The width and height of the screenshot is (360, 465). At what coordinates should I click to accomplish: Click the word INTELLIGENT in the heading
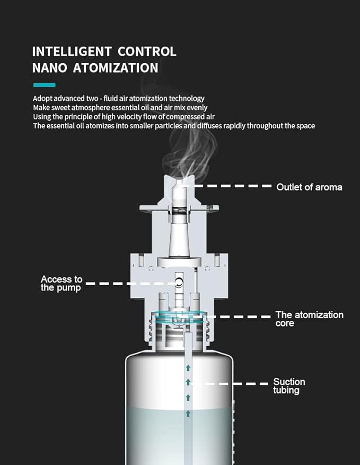pos(72,51)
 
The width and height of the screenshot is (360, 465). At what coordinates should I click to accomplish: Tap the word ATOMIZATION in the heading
pos(116,68)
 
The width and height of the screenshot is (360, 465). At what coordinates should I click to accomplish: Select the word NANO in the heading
pos(49,68)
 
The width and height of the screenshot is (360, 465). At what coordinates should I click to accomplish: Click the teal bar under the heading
pos(44,85)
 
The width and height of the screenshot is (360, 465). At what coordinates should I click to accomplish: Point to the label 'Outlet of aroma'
pos(309,187)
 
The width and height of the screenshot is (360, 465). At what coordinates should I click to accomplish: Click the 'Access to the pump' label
pos(62,283)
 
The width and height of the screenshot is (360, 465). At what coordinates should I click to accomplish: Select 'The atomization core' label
pos(309,319)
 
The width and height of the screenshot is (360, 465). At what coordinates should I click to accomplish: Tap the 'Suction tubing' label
pos(289,385)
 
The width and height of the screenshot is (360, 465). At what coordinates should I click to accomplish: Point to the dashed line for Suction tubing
pos(230,384)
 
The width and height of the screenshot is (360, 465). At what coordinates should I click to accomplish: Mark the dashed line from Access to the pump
pos(132,284)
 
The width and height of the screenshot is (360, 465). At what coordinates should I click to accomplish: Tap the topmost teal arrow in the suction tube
pos(188,368)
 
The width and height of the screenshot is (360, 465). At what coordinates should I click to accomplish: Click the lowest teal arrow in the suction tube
pos(188,414)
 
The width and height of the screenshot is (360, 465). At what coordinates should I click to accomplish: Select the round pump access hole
pos(179,282)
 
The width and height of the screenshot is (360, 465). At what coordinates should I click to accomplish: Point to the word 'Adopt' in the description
pos(42,99)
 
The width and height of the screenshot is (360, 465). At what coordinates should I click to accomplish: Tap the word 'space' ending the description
pos(306,126)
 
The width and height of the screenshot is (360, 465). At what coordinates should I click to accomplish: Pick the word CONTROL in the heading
pos(147,51)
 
